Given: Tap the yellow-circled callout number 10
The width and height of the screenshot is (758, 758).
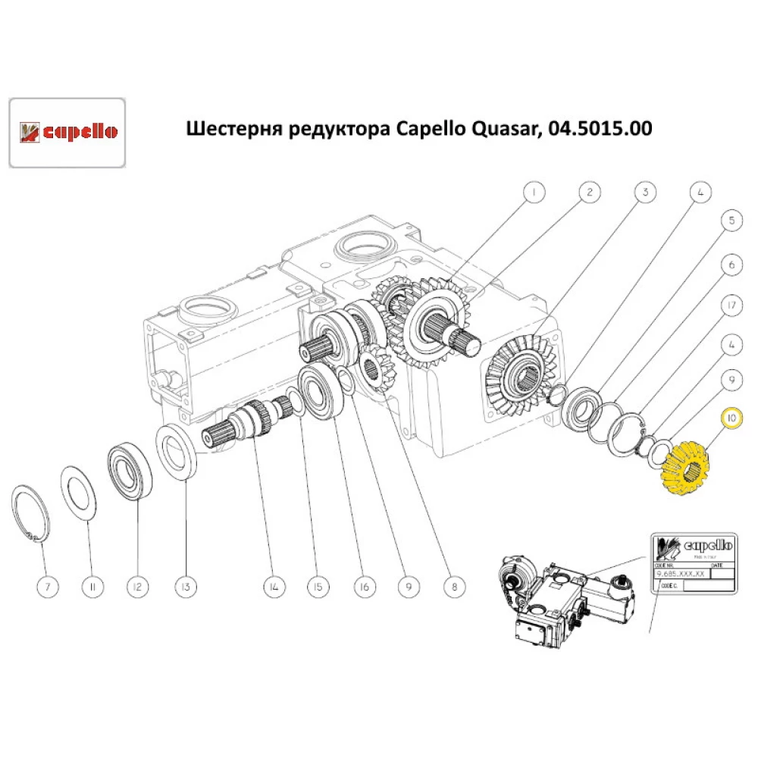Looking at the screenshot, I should coord(731,418).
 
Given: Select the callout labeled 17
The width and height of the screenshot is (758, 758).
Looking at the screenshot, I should coord(731,305).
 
